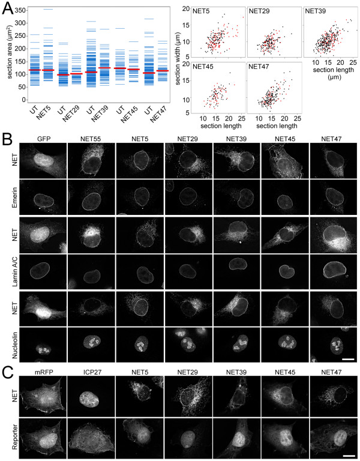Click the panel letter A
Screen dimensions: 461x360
(8, 9)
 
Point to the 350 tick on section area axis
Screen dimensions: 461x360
(19, 11)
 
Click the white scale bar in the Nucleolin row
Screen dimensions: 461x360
(348, 359)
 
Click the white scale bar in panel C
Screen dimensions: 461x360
(348, 455)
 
